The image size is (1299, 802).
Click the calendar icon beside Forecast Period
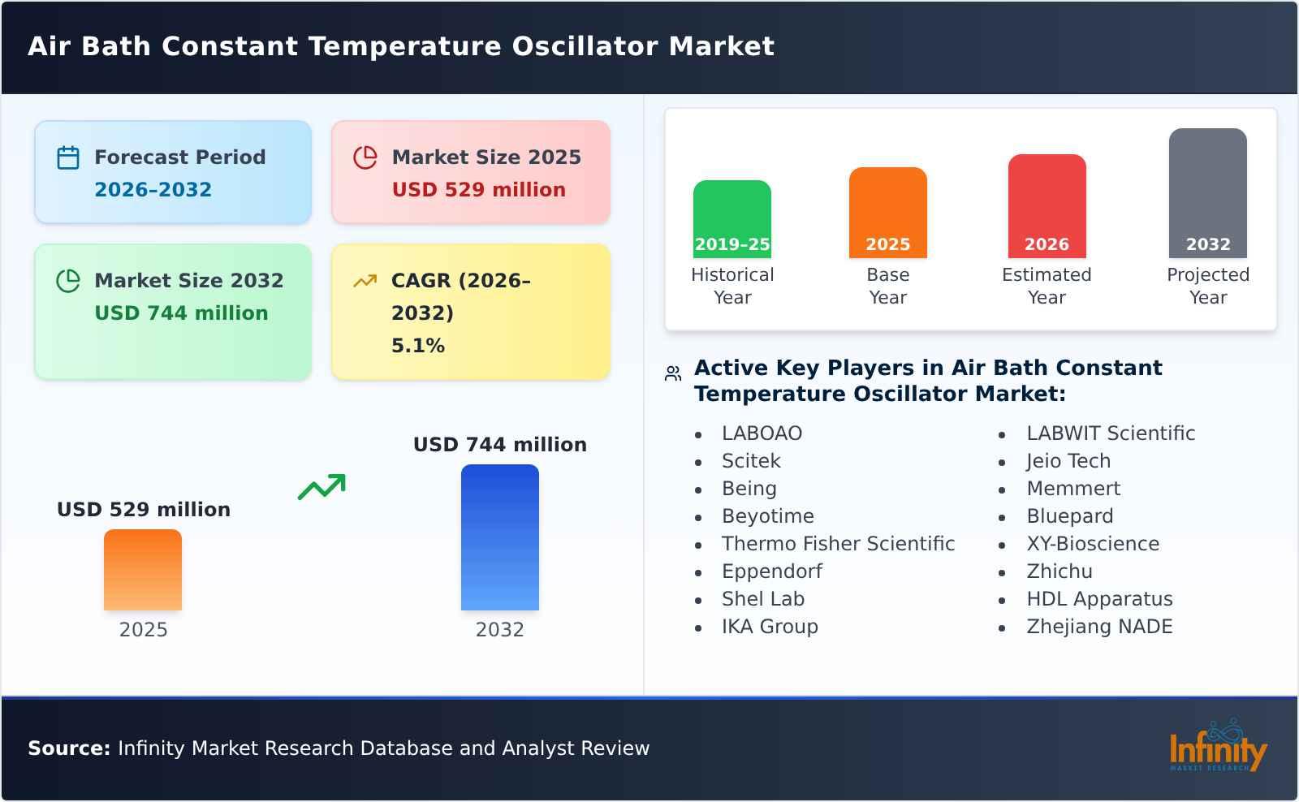(68, 157)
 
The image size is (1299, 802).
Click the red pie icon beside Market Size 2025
(365, 157)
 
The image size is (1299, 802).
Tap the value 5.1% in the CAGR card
(417, 346)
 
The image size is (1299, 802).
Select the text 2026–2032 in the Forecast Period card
(153, 190)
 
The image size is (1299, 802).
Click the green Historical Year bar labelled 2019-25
(731, 219)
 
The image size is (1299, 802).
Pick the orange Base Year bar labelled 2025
(887, 213)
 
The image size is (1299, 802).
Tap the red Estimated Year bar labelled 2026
(1047, 206)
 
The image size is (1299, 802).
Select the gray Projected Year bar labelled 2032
(1207, 193)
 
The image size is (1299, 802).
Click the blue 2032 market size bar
(499, 537)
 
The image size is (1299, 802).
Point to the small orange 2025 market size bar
(143, 570)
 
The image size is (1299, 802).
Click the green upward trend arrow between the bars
(322, 487)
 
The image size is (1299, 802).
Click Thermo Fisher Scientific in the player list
(838, 544)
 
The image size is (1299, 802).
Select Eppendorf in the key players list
(771, 571)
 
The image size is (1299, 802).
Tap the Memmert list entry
(1072, 489)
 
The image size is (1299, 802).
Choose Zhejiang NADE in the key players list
(1098, 627)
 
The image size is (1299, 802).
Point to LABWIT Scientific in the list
(1110, 433)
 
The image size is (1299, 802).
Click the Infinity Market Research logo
(1217, 748)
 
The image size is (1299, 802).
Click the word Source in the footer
(68, 748)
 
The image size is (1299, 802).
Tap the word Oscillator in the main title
(585, 46)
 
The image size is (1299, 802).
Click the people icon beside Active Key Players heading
(672, 373)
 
